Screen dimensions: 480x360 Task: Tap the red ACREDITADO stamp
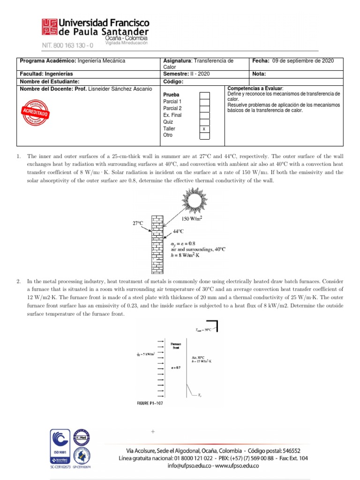pos(34,112)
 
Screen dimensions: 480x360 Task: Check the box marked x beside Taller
pos(204,128)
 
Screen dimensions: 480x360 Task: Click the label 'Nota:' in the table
pos(259,74)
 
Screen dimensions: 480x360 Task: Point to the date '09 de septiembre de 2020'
pos(303,61)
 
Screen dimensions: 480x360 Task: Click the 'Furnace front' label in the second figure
pos(176,345)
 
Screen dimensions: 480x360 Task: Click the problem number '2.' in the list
pos(18,281)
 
